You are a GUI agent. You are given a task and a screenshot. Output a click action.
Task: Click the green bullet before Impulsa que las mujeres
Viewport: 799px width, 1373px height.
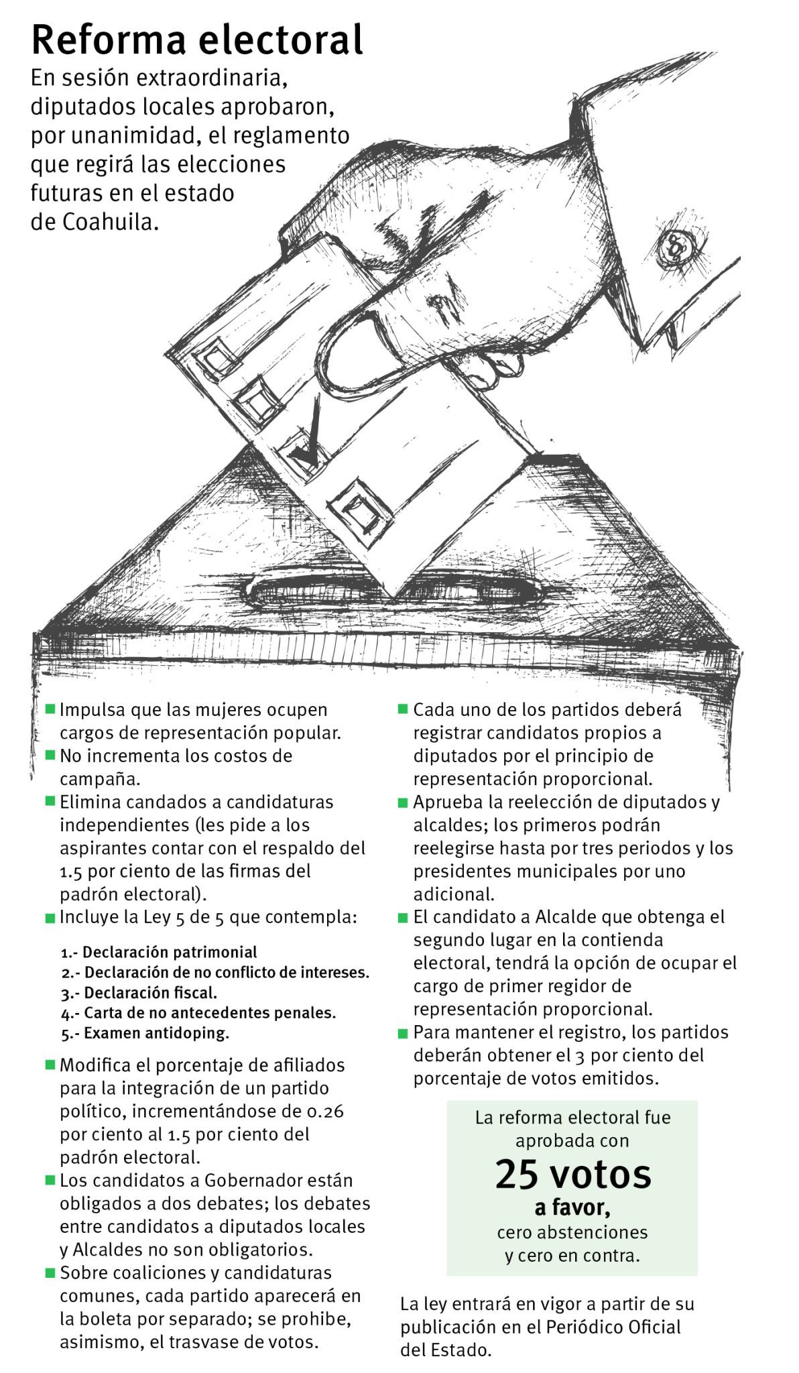(x=50, y=709)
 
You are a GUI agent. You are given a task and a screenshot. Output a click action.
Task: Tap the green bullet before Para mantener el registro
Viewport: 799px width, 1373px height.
(x=403, y=1034)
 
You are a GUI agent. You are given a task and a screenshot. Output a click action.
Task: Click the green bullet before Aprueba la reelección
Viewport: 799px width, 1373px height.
(x=403, y=802)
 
